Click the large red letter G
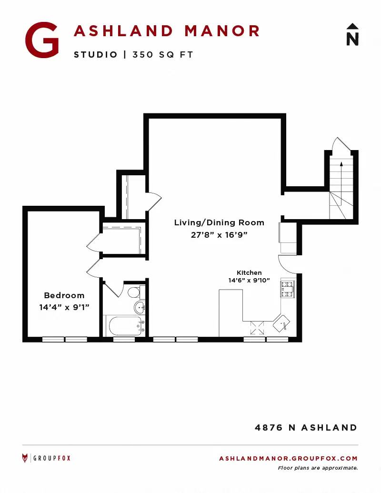tap(42, 40)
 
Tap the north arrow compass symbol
tap(352, 34)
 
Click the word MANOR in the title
tap(222, 31)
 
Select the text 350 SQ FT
tap(162, 55)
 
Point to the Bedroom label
tap(64, 295)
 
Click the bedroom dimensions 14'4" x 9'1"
tap(64, 307)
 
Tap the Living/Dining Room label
tap(219, 222)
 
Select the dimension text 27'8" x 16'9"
tap(219, 235)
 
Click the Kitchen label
tap(249, 272)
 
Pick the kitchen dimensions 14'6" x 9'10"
tap(249, 280)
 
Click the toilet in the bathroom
tap(136, 292)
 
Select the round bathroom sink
tap(140, 307)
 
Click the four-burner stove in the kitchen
tap(288, 289)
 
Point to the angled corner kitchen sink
tap(281, 323)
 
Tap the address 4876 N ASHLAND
tap(306, 428)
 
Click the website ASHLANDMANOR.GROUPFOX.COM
tap(288, 458)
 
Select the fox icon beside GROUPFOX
tap(25, 458)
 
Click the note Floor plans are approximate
tap(318, 468)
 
